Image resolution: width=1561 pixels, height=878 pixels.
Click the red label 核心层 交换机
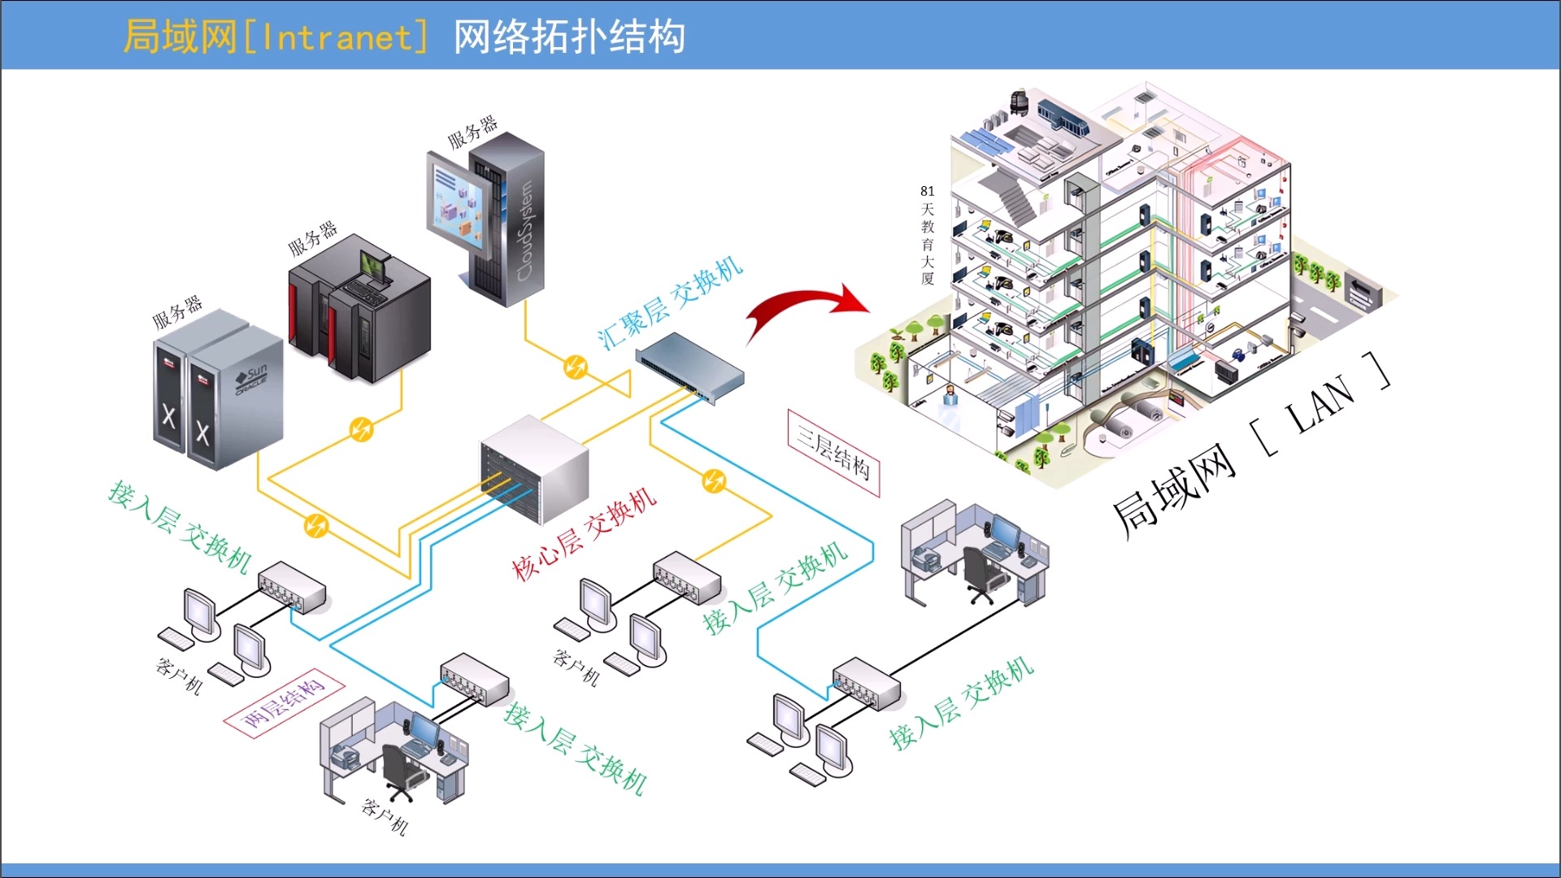pyautogui.click(x=584, y=534)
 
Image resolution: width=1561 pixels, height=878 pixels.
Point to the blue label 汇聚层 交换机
pyautogui.click(x=669, y=302)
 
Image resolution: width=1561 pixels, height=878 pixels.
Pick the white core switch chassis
pyautogui.click(x=534, y=469)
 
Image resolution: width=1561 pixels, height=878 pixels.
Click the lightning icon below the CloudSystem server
pyautogui.click(x=576, y=367)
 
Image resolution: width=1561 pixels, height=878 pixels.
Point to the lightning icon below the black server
pyautogui.click(x=361, y=428)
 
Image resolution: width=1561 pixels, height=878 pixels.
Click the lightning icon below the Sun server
pyautogui.click(x=315, y=525)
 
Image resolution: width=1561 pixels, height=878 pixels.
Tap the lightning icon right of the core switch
pyautogui.click(x=714, y=481)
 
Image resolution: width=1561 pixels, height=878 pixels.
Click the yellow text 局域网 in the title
pyautogui.click(x=180, y=37)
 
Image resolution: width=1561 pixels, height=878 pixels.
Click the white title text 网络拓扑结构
pyautogui.click(x=569, y=37)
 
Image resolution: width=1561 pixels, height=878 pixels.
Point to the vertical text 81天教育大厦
pyautogui.click(x=928, y=235)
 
